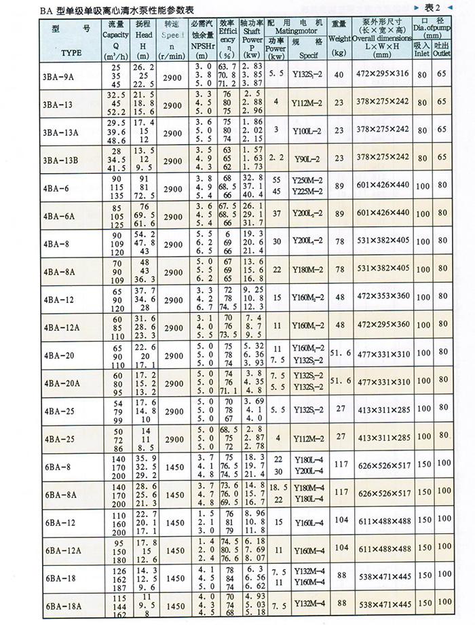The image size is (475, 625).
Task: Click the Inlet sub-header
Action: coord(421,52)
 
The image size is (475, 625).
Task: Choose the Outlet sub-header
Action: coord(442,52)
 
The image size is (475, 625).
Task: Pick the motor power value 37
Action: coord(276,213)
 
